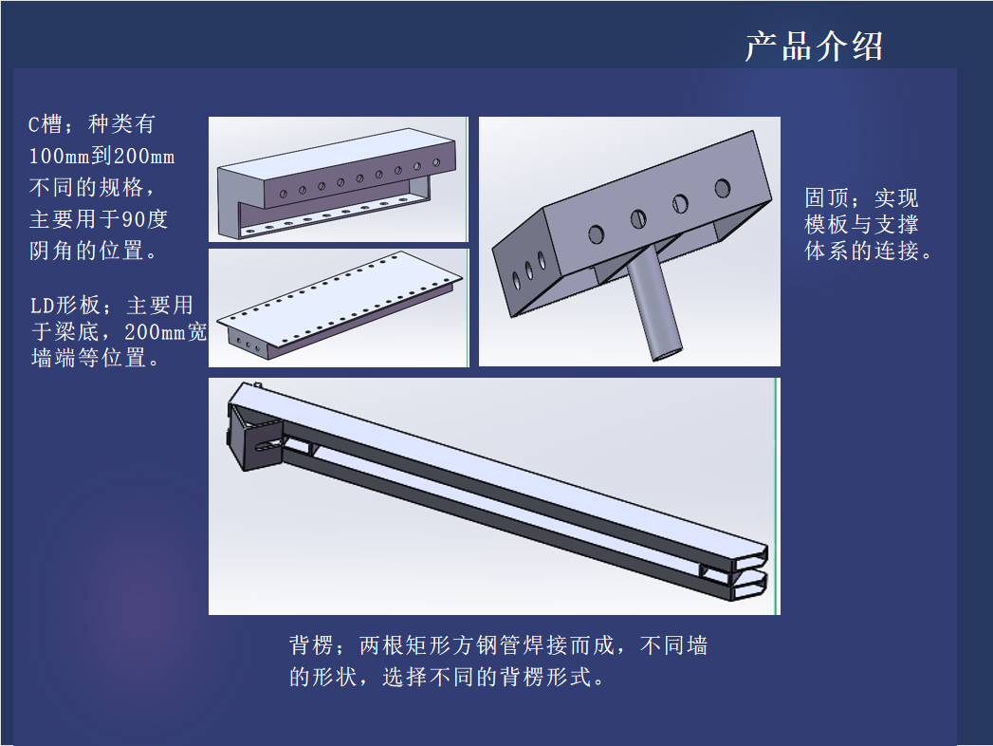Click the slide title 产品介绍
coord(814,47)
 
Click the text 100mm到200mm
coord(102,156)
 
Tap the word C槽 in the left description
coord(45,123)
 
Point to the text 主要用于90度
coord(99,219)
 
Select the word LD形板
coord(65,306)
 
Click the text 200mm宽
coord(166,331)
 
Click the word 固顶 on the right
coord(826,197)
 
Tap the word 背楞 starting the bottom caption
coord(312,645)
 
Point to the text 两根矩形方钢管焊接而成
coord(487,645)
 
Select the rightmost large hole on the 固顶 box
coord(723,188)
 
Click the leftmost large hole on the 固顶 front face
coord(596,234)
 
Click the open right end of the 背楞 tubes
coord(750,574)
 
